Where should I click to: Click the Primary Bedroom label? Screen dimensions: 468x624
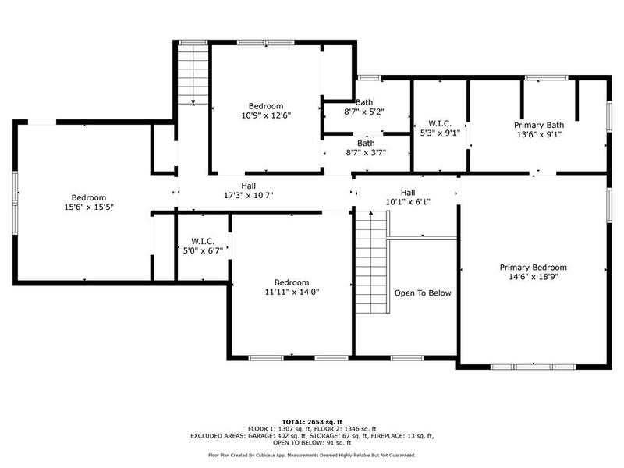coord(533,267)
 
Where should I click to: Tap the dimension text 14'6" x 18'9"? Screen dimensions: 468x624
coord(533,276)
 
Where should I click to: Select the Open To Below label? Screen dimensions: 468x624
coord(423,293)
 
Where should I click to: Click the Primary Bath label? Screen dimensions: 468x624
coord(538,124)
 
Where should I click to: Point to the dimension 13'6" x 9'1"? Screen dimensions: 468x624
coord(538,133)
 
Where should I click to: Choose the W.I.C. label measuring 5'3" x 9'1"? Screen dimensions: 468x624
coord(439,122)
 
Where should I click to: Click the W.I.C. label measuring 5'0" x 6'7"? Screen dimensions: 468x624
coord(202,241)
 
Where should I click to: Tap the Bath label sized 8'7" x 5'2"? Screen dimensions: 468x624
coord(365,102)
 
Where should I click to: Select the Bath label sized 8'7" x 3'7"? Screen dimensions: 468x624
coord(365,143)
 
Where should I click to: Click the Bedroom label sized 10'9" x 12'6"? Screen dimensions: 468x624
coord(266,106)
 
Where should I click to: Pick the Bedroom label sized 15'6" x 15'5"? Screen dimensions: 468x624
coord(88,197)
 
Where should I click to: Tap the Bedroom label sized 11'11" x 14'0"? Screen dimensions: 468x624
coord(292,282)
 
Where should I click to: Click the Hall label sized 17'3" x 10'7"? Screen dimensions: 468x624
coord(248,186)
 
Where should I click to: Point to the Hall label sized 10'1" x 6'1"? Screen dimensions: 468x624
coord(408,193)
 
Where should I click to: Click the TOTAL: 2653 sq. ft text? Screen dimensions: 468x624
coord(312,421)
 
